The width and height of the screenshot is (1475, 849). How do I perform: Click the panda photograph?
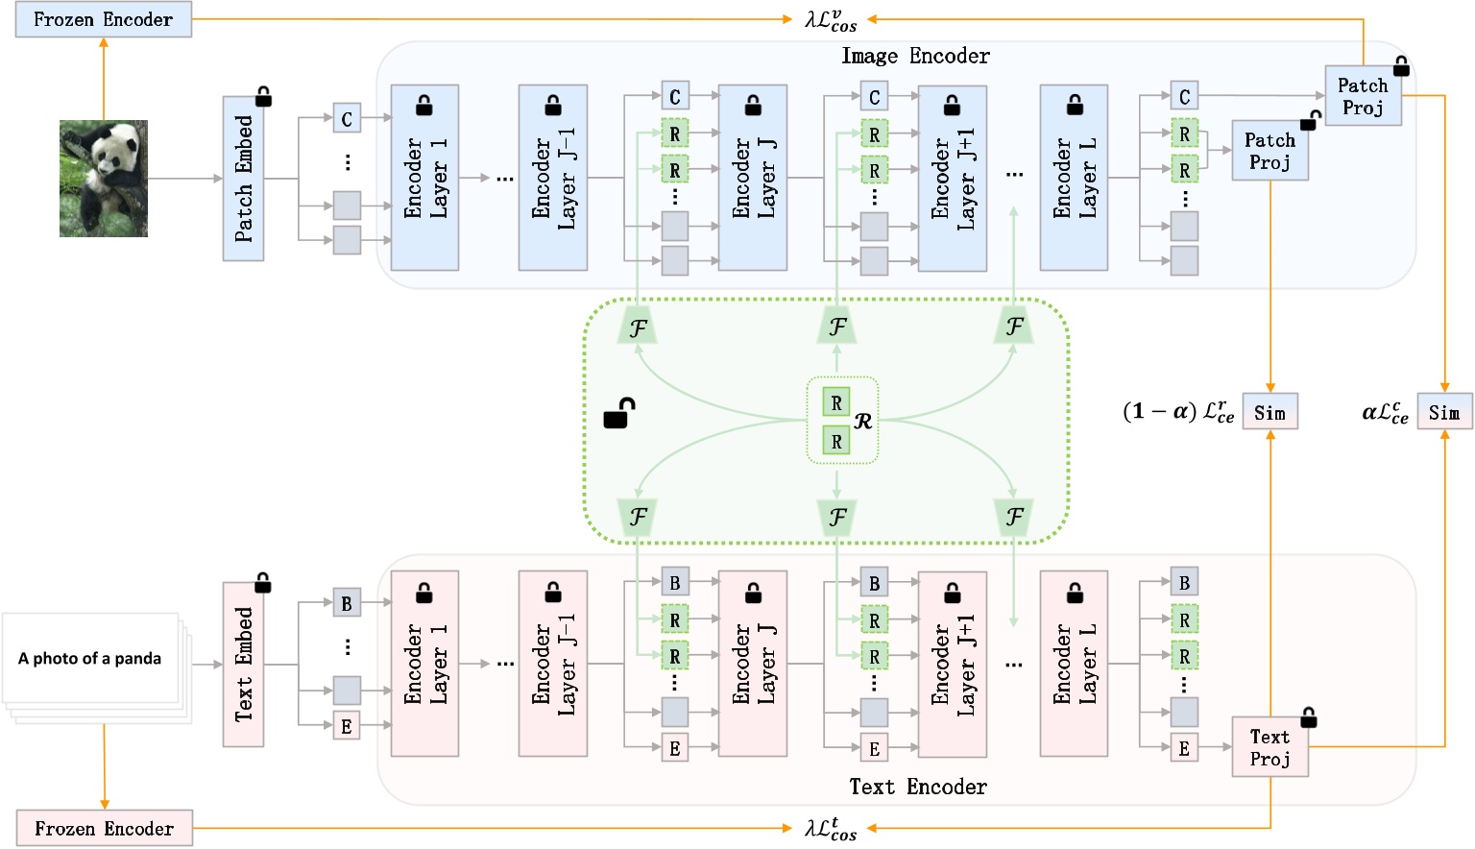pyautogui.click(x=104, y=179)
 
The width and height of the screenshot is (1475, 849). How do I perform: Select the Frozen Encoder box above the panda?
pyautogui.click(x=104, y=19)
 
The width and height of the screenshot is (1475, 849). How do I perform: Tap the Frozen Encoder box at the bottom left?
pyautogui.click(x=104, y=828)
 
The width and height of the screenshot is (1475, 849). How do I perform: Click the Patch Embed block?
pyautogui.click(x=243, y=179)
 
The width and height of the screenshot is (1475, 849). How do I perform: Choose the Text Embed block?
pyautogui.click(x=243, y=664)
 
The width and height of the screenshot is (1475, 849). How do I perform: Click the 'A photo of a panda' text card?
pyautogui.click(x=90, y=659)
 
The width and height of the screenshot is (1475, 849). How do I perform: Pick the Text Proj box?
pyautogui.click(x=1269, y=747)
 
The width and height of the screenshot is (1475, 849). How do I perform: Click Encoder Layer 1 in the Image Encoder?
pyautogui.click(x=424, y=179)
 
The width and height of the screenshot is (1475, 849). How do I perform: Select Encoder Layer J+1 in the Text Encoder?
pyautogui.click(x=952, y=665)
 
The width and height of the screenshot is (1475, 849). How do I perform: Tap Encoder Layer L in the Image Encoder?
pyautogui.click(x=1074, y=179)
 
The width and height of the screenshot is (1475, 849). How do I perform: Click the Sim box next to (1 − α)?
pyautogui.click(x=1269, y=412)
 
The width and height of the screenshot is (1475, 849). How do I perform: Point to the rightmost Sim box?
pyautogui.click(x=1444, y=412)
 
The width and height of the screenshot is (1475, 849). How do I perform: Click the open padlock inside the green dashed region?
pyautogui.click(x=618, y=413)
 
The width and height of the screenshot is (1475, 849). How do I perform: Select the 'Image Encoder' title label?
pyautogui.click(x=915, y=56)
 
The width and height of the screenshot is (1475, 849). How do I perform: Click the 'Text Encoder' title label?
pyautogui.click(x=917, y=787)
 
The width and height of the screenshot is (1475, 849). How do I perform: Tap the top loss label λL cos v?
pyautogui.click(x=831, y=20)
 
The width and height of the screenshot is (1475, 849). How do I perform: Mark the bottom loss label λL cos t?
pyautogui.click(x=831, y=828)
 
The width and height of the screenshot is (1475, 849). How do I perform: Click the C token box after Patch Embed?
pyautogui.click(x=347, y=119)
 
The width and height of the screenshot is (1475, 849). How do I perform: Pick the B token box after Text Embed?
pyautogui.click(x=347, y=604)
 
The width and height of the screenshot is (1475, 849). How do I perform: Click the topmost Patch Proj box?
pyautogui.click(x=1363, y=96)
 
